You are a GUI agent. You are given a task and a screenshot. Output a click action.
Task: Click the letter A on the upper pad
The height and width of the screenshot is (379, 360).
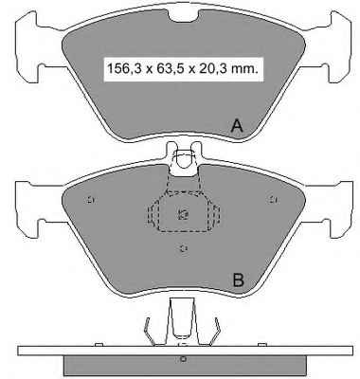click(237, 126)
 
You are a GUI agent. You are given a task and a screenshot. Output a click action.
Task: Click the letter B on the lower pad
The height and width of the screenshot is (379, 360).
click(238, 280)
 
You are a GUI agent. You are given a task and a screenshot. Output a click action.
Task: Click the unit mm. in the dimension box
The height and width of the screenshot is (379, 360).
click(244, 69)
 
